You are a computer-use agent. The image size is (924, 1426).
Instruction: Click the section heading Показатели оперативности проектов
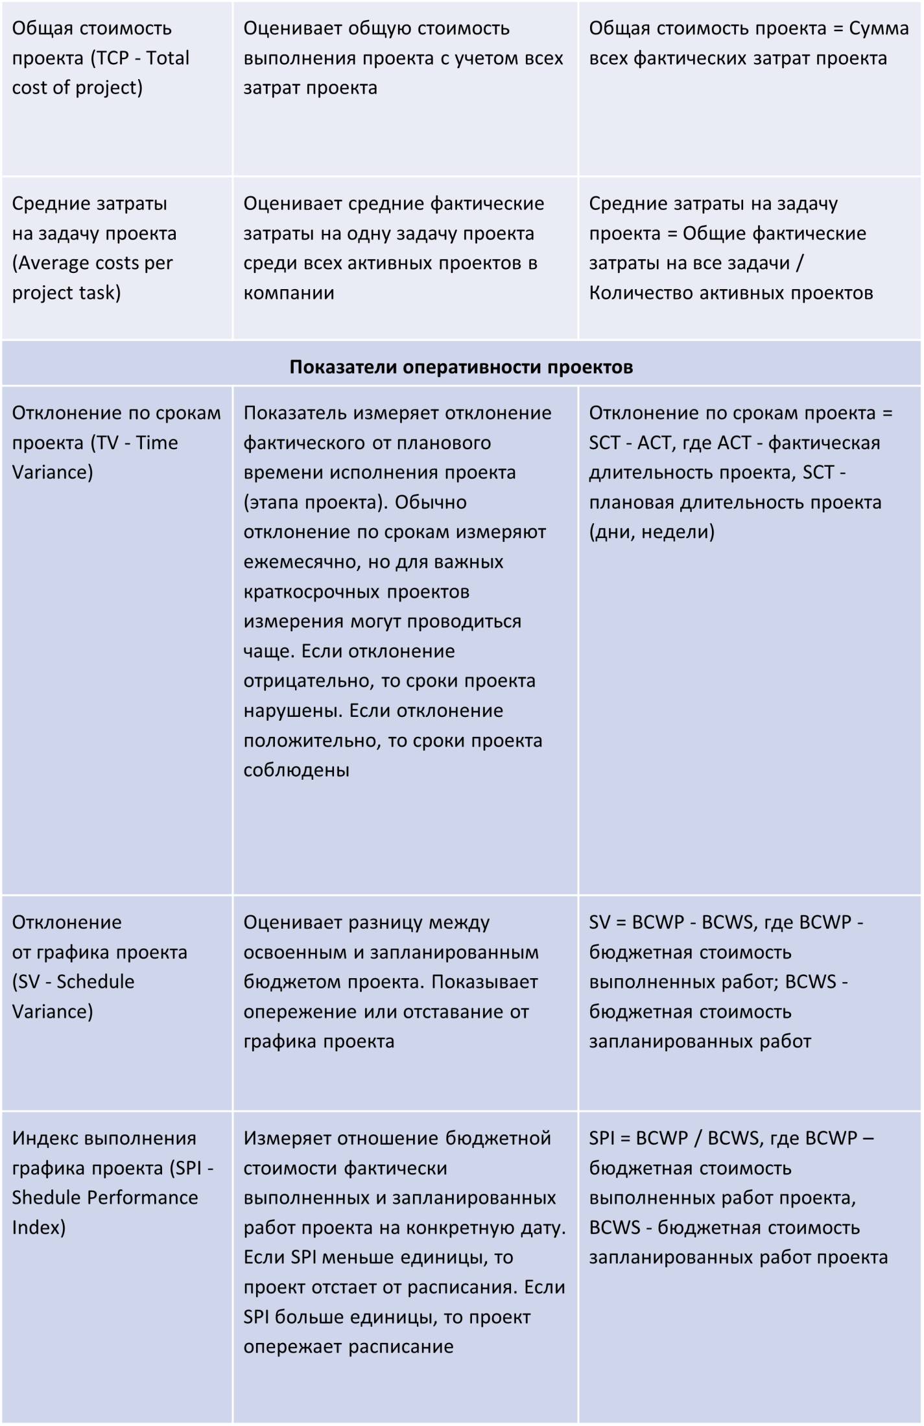point(461,367)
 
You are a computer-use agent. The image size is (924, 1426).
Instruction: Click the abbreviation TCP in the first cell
point(113,58)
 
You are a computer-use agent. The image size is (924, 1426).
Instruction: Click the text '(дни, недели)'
point(651,532)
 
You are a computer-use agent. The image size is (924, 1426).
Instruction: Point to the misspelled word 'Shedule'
point(46,1197)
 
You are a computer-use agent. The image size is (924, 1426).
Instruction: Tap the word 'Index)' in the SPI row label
point(38,1227)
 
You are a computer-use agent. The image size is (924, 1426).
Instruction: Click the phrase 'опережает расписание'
point(348,1346)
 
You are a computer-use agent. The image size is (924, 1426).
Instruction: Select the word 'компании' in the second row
point(289,292)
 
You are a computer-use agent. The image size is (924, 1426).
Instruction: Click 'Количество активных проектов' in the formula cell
point(731,292)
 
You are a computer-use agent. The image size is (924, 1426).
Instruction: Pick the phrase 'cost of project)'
point(77,88)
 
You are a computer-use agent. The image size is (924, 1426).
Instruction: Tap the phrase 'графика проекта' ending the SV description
point(318,1041)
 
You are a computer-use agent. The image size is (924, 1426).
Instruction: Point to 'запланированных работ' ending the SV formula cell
point(700,1041)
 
